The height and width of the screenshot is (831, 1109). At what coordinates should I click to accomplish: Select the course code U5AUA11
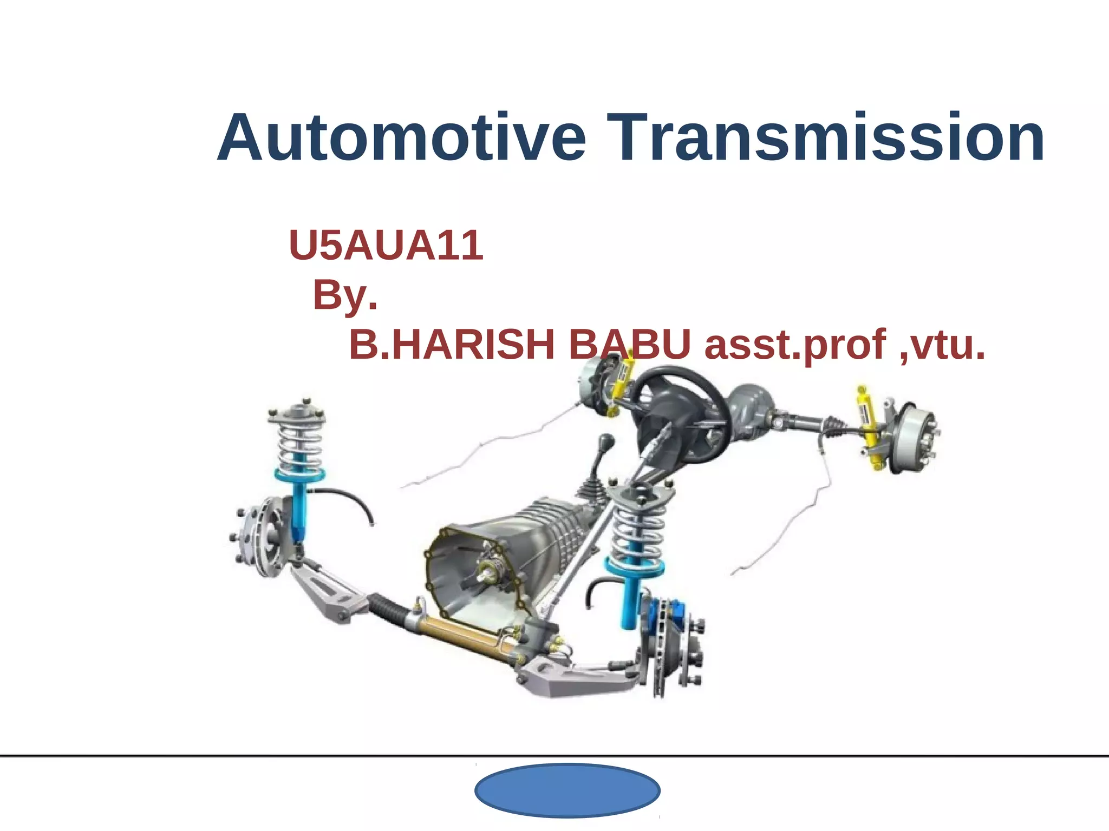[386, 245]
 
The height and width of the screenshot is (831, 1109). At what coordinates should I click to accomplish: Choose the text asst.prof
[795, 345]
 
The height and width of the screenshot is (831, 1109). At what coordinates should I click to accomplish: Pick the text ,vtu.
[942, 345]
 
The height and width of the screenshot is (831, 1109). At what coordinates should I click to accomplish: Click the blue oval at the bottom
[567, 790]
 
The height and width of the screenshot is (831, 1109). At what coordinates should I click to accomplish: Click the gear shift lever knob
[606, 441]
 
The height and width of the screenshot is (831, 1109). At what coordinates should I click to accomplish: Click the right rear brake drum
[915, 438]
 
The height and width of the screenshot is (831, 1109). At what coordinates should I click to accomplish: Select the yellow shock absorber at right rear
[871, 427]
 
